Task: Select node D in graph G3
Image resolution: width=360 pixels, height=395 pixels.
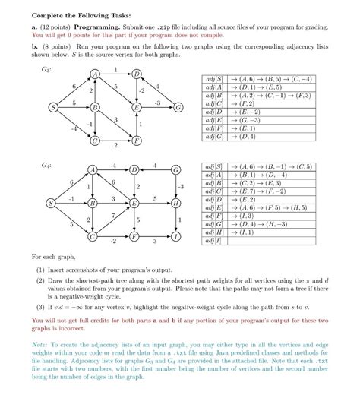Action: tap(136, 74)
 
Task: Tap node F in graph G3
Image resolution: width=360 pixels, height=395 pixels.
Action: tap(136, 141)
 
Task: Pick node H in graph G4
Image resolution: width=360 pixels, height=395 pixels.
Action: tap(176, 204)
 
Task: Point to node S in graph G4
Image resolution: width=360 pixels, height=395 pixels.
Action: tap(51, 204)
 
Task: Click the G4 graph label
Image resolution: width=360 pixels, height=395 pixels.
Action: tap(47, 165)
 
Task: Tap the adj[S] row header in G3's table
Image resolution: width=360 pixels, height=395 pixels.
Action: tap(215, 79)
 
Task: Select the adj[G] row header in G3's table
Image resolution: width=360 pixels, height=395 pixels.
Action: tap(215, 137)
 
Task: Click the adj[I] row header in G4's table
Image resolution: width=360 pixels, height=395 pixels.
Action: tap(216, 242)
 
